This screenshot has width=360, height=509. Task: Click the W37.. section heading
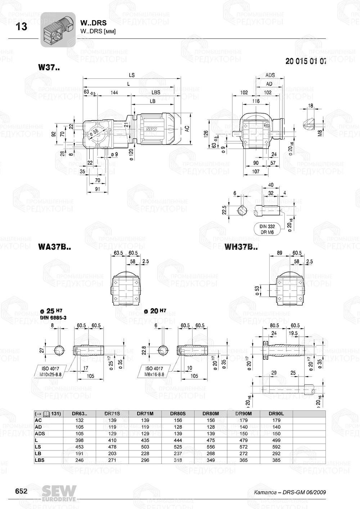[x=49, y=67]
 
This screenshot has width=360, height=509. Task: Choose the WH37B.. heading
[x=241, y=247]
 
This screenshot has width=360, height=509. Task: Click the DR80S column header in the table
[x=178, y=414]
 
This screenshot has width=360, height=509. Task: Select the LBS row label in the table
[x=40, y=460]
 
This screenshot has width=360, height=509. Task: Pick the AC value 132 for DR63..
[x=80, y=420]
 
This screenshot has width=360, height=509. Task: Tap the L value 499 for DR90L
[x=276, y=440]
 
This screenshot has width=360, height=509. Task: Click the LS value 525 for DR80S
[x=178, y=447]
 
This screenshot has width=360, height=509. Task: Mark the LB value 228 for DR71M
[x=145, y=454]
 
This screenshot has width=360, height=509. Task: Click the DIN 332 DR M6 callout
[x=267, y=229]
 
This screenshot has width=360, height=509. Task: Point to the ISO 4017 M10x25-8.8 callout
[x=53, y=371]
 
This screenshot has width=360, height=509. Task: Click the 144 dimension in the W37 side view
[x=114, y=92]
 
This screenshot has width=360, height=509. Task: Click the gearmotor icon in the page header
[x=58, y=29]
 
